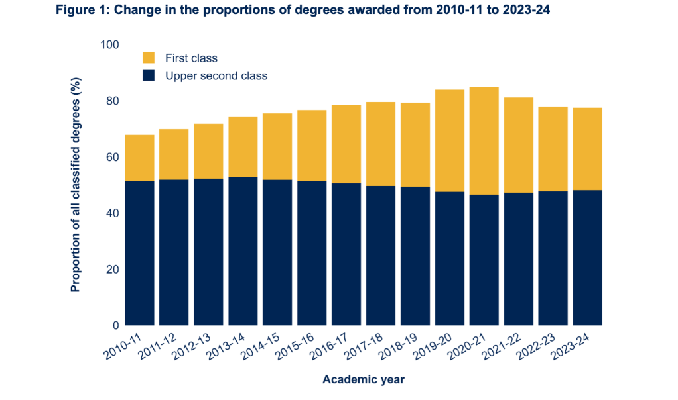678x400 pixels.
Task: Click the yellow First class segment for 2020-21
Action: (x=483, y=140)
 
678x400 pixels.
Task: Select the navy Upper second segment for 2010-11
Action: (x=139, y=252)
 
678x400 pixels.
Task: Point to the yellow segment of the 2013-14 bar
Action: (x=243, y=146)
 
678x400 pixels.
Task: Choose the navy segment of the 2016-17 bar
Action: (x=346, y=254)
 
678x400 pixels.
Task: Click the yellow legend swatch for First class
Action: (x=149, y=58)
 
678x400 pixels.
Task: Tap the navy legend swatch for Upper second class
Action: (x=149, y=75)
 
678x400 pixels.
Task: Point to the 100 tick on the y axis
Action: (x=109, y=44)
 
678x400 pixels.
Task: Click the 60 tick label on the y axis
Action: (x=111, y=157)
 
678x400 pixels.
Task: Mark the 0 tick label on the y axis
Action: (x=115, y=325)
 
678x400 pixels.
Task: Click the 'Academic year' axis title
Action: (x=364, y=379)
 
